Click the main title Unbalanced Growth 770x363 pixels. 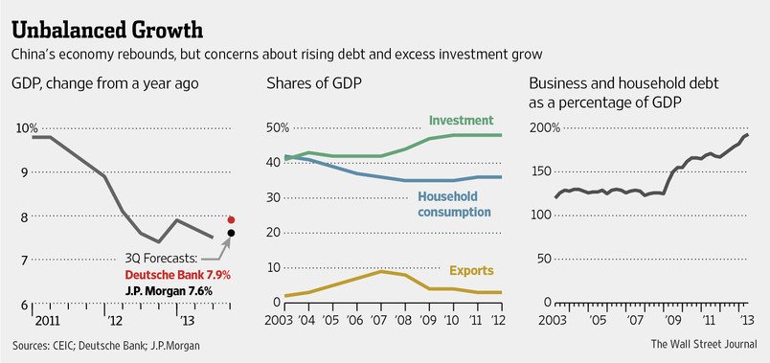pos(107,30)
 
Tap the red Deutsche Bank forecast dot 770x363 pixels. pos(232,219)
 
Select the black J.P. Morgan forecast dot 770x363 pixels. pos(232,233)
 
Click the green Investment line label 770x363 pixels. pos(461,120)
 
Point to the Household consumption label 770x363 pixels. pos(454,204)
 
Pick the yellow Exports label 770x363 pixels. pos(471,271)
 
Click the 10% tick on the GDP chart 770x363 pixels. pos(27,128)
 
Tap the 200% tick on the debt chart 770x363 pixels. pos(545,128)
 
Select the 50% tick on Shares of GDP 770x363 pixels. pos(278,128)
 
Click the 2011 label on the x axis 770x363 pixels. pos(47,321)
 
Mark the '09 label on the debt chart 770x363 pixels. pos(672,321)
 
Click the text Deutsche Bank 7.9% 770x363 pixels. pos(178,275)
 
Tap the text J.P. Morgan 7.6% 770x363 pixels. pos(169,291)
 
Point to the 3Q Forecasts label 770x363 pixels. pos(161,259)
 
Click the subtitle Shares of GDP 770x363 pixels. pos(314,83)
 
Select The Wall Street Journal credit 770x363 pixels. pos(704,344)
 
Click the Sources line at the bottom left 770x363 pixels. pos(106,346)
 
